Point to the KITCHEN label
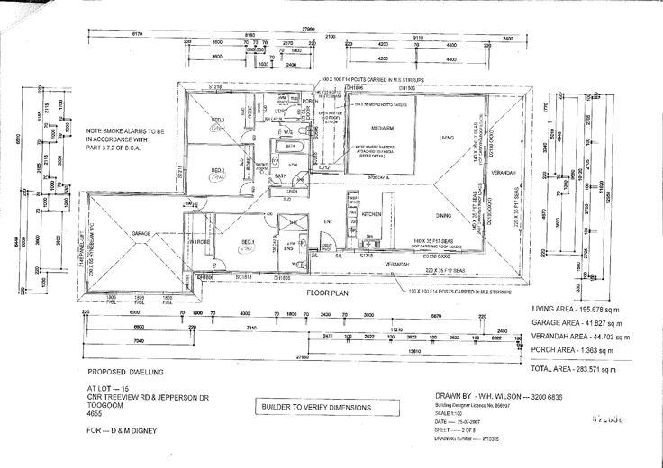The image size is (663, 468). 373,216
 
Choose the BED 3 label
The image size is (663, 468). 217,119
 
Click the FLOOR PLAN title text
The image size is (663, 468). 326,293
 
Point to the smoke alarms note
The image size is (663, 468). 128,139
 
